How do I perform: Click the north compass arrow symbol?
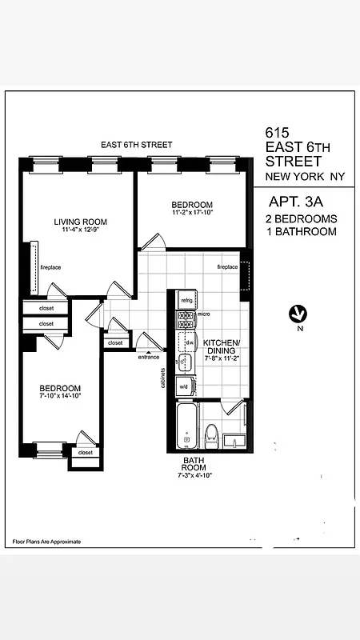(x=298, y=313)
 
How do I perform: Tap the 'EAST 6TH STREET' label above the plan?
(x=136, y=145)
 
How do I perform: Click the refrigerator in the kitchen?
(x=187, y=300)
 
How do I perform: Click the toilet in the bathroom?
(x=212, y=434)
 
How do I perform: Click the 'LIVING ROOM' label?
(x=80, y=222)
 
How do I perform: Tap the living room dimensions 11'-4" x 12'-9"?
(x=80, y=230)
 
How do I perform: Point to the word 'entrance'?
(x=149, y=357)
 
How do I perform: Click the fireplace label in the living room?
(x=50, y=267)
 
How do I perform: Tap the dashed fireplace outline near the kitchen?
(x=246, y=277)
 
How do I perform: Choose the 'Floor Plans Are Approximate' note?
(x=46, y=542)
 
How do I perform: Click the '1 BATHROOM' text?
(x=301, y=232)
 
